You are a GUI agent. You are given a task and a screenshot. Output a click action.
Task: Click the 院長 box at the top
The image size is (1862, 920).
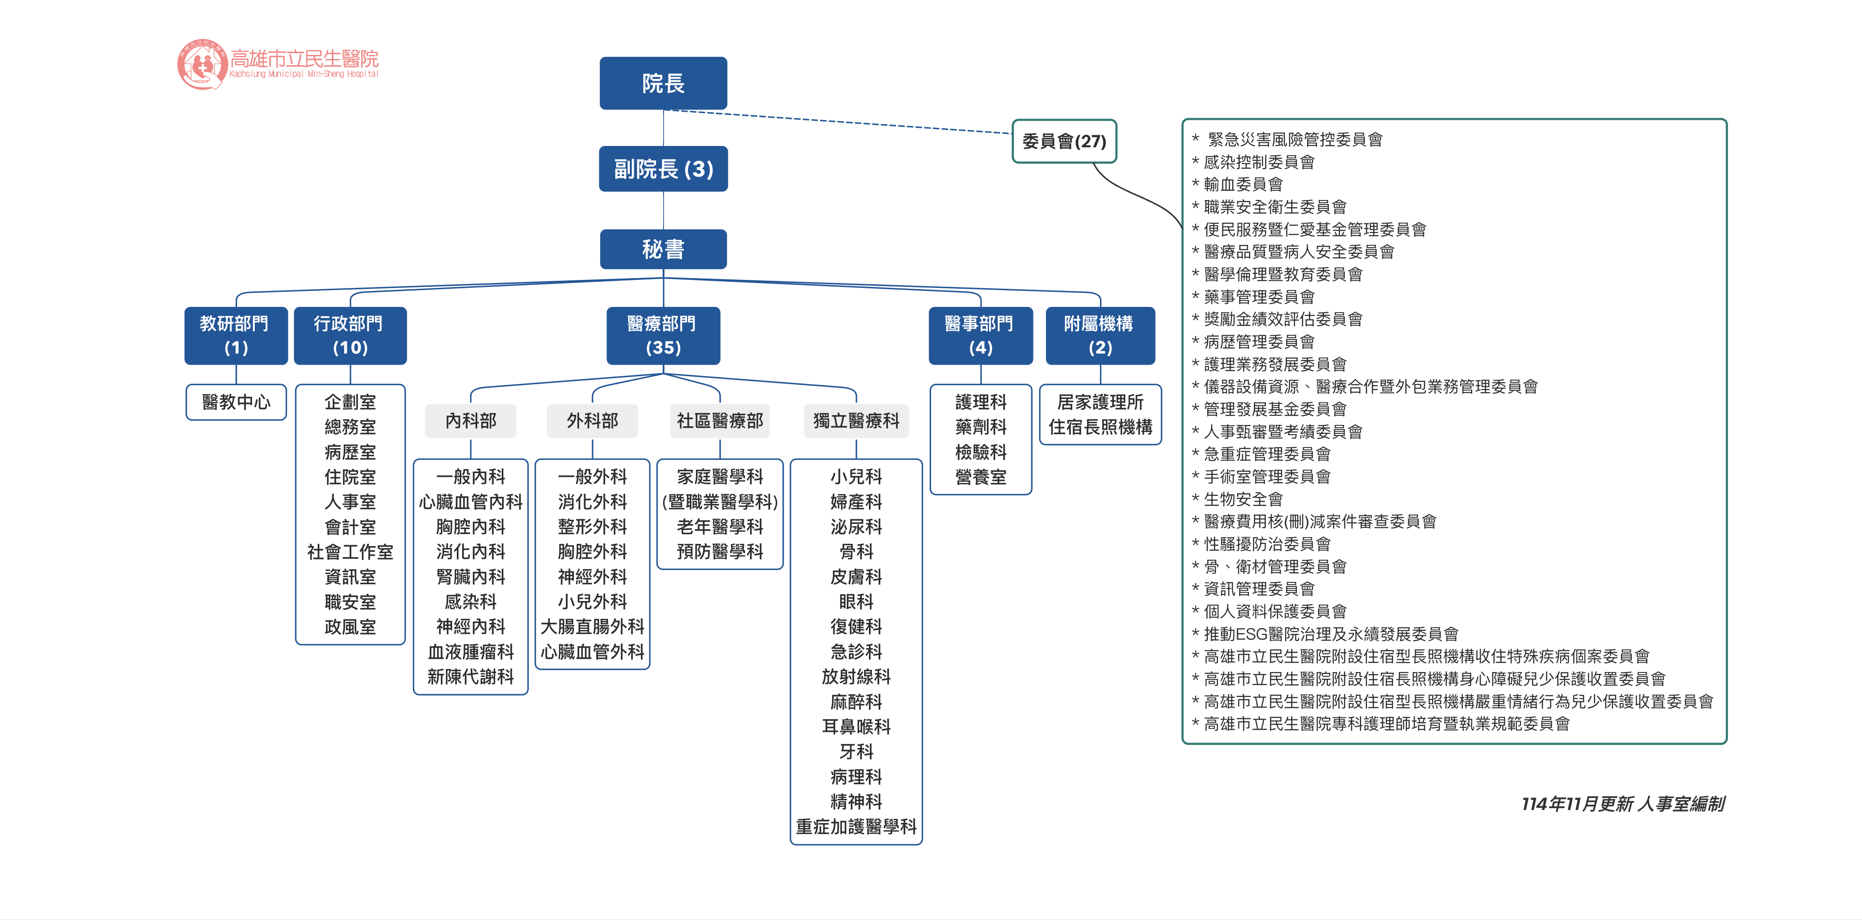point(663,83)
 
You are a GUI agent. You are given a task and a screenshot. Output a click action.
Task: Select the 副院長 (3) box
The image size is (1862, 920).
point(663,169)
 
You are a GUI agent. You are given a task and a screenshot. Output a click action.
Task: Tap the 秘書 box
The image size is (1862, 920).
point(663,249)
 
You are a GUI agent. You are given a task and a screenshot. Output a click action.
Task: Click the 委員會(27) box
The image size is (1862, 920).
point(1064,141)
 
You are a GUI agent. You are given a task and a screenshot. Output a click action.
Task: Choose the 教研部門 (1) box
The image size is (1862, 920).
point(236,335)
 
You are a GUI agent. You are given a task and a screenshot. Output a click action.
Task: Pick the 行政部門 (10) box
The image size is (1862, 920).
point(350,335)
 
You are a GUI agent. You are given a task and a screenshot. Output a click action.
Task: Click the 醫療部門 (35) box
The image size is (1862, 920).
point(663,335)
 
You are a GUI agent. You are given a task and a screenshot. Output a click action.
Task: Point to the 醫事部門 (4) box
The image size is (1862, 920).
point(980,335)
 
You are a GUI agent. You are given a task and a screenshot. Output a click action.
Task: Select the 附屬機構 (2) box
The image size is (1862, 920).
point(1100,335)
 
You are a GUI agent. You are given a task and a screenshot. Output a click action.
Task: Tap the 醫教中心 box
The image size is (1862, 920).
point(236,402)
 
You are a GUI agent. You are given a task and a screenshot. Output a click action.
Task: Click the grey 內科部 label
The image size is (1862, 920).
point(471,421)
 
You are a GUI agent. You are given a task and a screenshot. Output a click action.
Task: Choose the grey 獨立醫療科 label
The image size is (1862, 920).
point(856,421)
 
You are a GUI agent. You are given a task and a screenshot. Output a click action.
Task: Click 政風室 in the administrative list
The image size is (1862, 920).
point(350,627)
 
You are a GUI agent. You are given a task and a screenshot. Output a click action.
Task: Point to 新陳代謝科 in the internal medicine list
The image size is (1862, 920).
point(471,676)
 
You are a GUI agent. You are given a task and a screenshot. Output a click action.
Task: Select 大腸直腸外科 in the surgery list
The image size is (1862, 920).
point(592,627)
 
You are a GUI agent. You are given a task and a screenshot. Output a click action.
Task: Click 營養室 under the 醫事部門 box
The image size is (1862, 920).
point(980,477)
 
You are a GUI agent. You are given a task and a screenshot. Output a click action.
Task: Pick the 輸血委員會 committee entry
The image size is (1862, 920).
point(1243,184)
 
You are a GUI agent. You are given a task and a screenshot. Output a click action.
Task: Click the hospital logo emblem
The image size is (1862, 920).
point(202,64)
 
